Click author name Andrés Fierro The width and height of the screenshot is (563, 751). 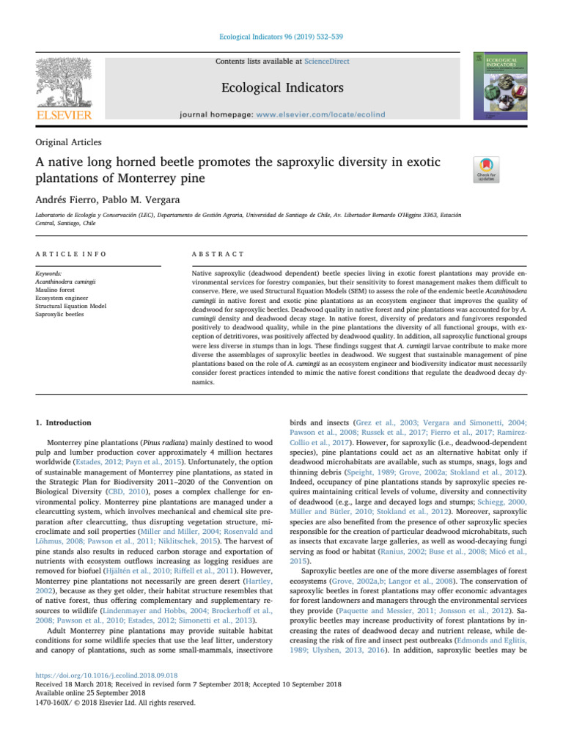coord(67,197)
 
